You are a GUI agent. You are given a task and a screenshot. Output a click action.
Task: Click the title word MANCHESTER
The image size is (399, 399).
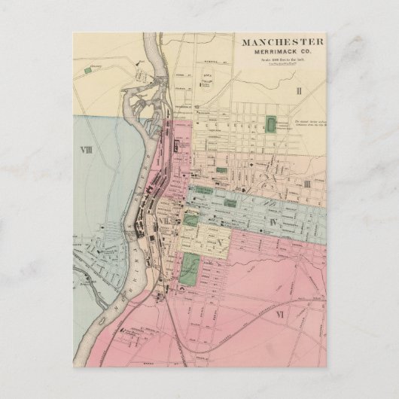pos(282,42)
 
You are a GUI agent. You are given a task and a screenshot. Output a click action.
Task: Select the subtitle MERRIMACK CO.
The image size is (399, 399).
pos(282,52)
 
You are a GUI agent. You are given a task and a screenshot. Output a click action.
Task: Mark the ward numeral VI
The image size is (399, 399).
pos(279,312)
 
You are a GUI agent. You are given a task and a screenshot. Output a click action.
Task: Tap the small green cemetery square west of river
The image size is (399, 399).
pos(89,69)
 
